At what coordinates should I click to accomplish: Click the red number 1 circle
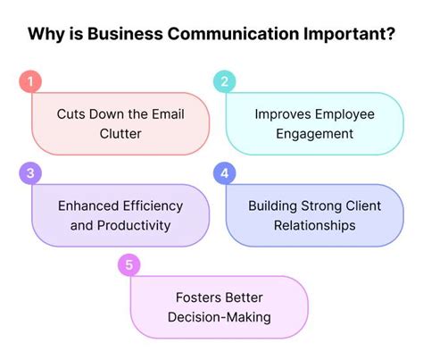(x=31, y=82)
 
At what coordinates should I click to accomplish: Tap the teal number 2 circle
(x=224, y=82)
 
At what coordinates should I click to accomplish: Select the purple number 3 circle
(x=31, y=172)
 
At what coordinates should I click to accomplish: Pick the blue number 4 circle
(x=224, y=172)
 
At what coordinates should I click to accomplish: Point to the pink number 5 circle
(x=129, y=264)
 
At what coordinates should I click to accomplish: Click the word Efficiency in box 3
(x=148, y=205)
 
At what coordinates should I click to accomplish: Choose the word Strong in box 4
(x=315, y=205)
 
